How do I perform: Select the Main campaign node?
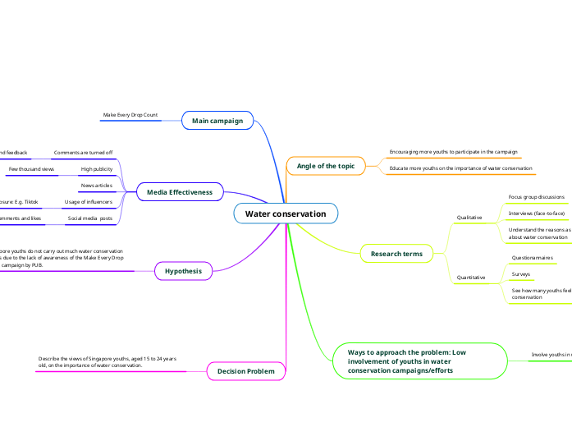[x=217, y=121]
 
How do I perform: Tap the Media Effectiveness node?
[x=180, y=192]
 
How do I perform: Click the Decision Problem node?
[x=246, y=372]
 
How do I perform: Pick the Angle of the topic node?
[x=326, y=166]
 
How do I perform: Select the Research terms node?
[x=396, y=254]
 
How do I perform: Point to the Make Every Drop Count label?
[x=130, y=115]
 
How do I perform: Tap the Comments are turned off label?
[x=83, y=153]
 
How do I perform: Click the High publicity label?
[x=97, y=169]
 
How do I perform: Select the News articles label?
[x=97, y=186]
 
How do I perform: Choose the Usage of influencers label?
[x=89, y=201]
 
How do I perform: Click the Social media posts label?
[x=89, y=218]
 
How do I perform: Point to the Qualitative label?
[x=469, y=218]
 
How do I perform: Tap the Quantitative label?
[x=470, y=278]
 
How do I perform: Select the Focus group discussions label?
[x=537, y=197]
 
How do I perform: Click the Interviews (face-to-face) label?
[x=537, y=213]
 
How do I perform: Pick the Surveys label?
[x=521, y=273]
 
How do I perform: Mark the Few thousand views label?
[x=31, y=169]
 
